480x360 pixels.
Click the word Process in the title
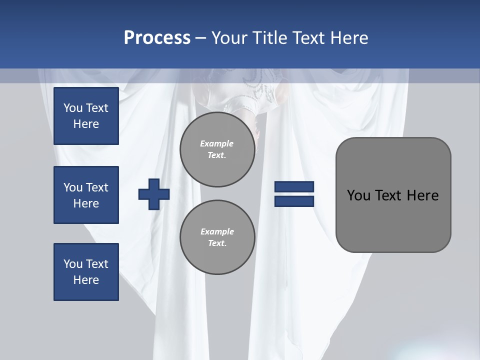pyautogui.click(x=157, y=38)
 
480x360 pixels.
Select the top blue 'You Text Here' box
pyautogui.click(x=86, y=116)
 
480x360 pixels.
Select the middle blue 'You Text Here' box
pyautogui.click(x=86, y=195)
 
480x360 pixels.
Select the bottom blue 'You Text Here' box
pyautogui.click(x=86, y=272)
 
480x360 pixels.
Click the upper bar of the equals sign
pyautogui.click(x=294, y=187)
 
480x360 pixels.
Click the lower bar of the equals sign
pyautogui.click(x=294, y=201)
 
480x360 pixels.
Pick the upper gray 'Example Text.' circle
pyautogui.click(x=217, y=149)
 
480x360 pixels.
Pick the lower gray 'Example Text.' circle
pyautogui.click(x=217, y=237)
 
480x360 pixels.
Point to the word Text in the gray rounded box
pyautogui.click(x=388, y=195)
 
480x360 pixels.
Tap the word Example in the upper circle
pyautogui.click(x=217, y=143)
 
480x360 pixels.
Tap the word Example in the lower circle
pyautogui.click(x=217, y=231)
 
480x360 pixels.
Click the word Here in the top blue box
pyautogui.click(x=86, y=124)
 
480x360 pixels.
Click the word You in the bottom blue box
pyautogui.click(x=73, y=264)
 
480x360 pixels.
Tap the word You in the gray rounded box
pyautogui.click(x=358, y=195)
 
